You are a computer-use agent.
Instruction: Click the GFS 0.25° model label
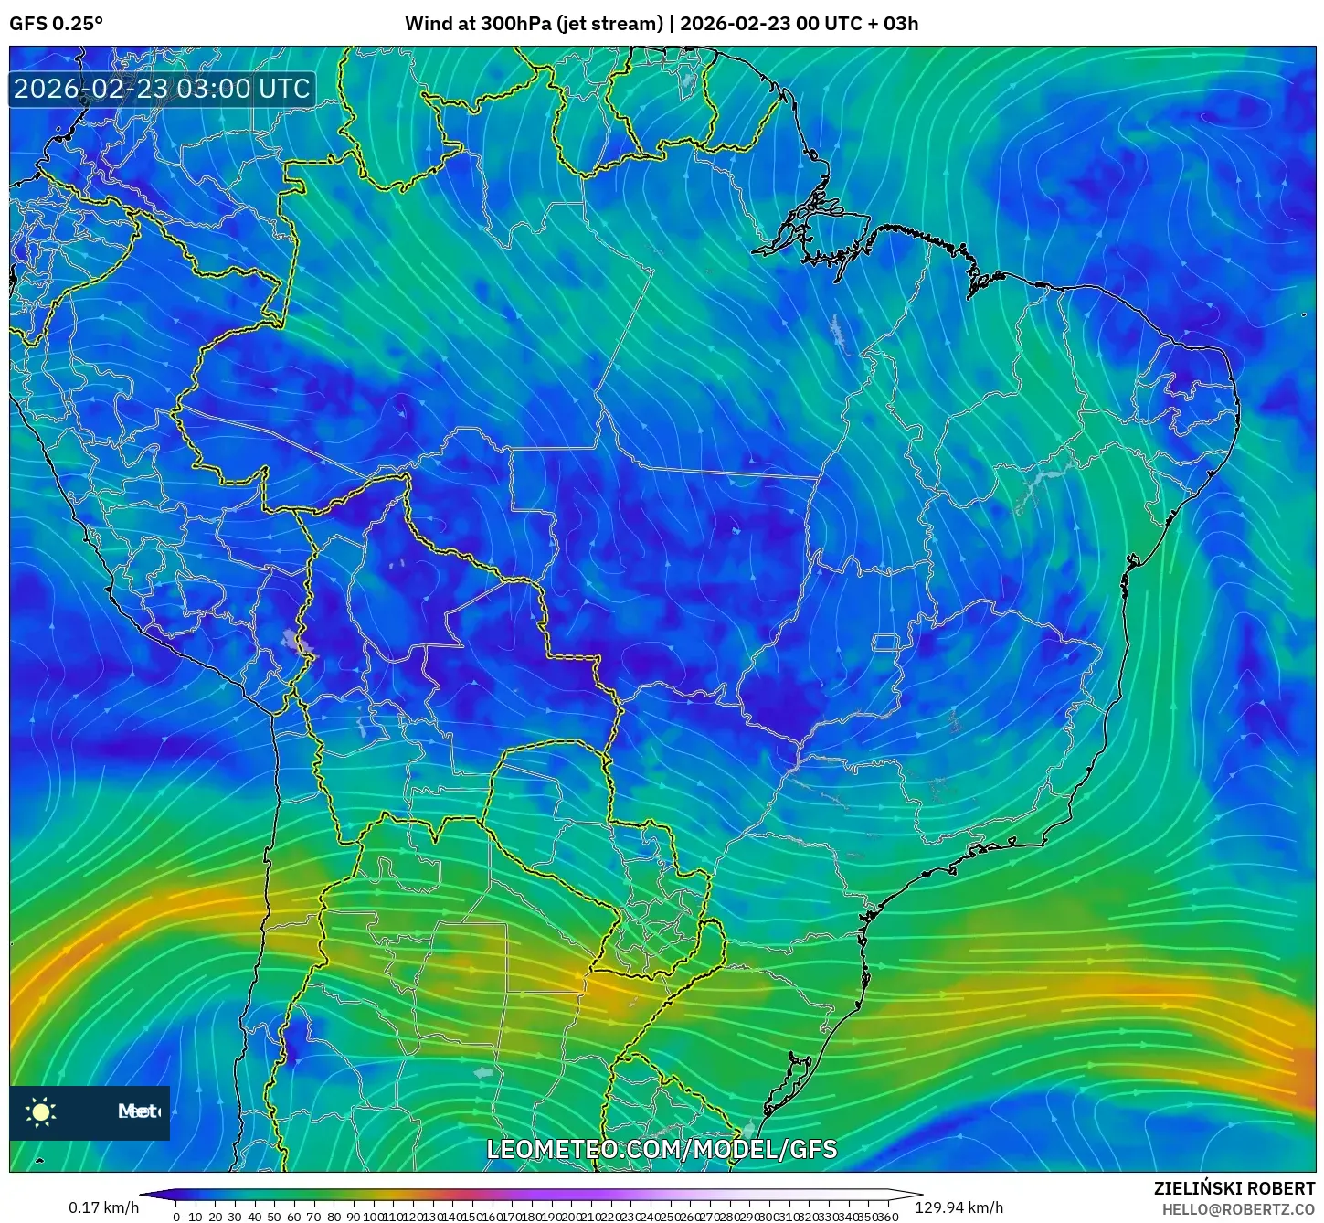[56, 24]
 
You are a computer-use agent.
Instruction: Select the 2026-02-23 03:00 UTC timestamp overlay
[162, 89]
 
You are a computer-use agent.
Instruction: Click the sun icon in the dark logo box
[41, 1111]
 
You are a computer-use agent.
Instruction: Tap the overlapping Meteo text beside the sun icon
[139, 1111]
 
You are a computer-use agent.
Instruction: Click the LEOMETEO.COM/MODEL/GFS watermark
[662, 1149]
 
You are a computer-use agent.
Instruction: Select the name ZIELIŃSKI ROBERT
[1234, 1188]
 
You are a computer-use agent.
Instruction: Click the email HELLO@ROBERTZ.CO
[1238, 1209]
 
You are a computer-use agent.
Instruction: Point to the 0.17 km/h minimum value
[103, 1207]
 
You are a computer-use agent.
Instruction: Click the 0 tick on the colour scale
[176, 1217]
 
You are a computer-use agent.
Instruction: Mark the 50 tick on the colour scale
[274, 1217]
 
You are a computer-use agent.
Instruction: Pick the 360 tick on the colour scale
[888, 1217]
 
